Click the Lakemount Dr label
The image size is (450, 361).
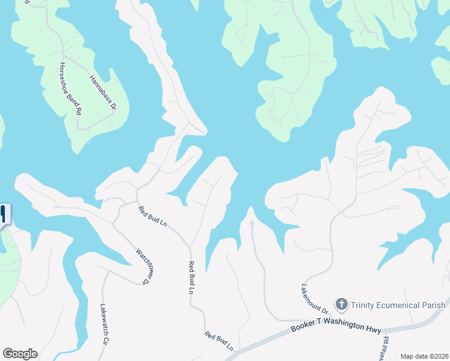[315, 299]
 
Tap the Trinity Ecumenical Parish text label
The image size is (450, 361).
[398, 305]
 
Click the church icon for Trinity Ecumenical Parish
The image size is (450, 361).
[342, 304]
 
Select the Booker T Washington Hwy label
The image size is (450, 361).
[335, 327]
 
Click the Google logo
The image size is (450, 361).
[20, 354]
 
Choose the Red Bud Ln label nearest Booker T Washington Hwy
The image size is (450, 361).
[218, 341]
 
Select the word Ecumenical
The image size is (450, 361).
[404, 305]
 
